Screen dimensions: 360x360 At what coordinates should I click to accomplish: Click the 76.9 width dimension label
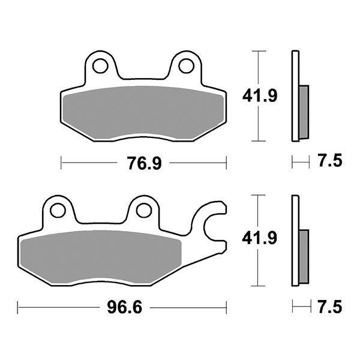point(145,163)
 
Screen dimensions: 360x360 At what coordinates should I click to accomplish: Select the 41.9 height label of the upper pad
point(259,96)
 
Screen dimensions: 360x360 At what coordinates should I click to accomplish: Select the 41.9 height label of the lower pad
point(259,240)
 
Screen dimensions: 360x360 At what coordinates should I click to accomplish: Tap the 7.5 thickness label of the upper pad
point(328,161)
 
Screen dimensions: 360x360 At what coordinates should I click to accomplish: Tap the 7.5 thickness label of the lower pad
point(328,307)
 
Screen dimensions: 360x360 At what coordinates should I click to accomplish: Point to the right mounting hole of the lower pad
point(143,211)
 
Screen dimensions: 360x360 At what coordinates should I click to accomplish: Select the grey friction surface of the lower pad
point(99,255)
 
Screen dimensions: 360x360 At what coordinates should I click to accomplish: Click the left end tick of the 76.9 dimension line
point(62,163)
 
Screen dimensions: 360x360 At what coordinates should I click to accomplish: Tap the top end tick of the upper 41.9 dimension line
point(259,52)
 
